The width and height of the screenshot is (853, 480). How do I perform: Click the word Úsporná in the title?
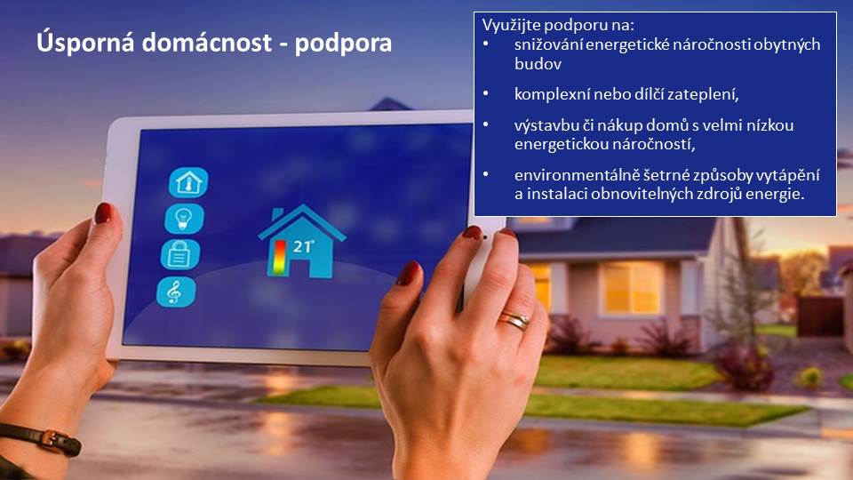[x=85, y=42]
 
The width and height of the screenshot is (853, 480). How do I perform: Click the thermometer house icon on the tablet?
[x=188, y=182]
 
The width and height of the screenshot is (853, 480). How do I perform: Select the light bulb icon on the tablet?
[x=185, y=219]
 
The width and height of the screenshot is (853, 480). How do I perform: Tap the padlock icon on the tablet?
[x=180, y=255]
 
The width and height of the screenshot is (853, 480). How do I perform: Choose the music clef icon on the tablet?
[x=176, y=292]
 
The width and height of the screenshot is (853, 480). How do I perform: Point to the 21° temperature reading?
[x=303, y=246]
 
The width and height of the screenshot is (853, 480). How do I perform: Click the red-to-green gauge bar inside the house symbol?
[x=279, y=258]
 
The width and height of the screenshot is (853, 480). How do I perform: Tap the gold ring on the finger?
[x=514, y=320]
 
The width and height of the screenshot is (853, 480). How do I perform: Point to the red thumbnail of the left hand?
[x=102, y=212]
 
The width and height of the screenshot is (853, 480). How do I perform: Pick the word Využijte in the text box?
[x=511, y=25]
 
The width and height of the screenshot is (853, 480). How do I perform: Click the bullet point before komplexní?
[x=486, y=93]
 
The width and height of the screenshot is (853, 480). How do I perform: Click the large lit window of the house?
[x=631, y=287]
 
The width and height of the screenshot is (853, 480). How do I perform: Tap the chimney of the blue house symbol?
[x=278, y=215]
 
